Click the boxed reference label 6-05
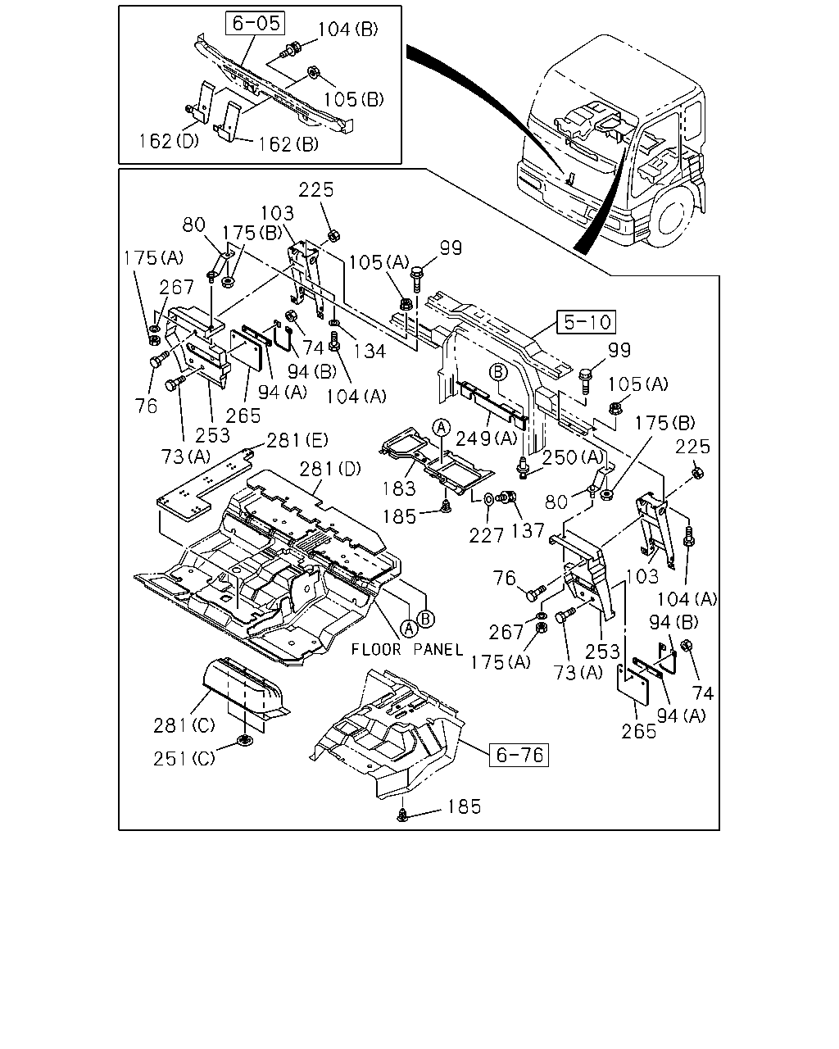[x=256, y=24]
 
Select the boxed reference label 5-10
[x=587, y=322]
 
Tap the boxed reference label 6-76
[x=519, y=755]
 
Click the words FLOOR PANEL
[x=407, y=650]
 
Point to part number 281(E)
[x=297, y=441]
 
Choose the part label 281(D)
[x=330, y=470]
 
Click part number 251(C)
[x=184, y=759]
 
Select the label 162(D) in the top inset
[x=169, y=141]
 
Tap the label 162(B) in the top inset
[x=288, y=144]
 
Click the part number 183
[x=399, y=488]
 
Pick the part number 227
[x=486, y=536]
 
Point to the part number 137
[x=528, y=531]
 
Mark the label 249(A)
[x=486, y=438]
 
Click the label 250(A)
[x=573, y=458]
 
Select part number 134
[x=370, y=351]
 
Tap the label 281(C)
[x=184, y=726]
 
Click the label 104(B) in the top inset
[x=348, y=30]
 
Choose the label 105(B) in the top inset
[x=354, y=99]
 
